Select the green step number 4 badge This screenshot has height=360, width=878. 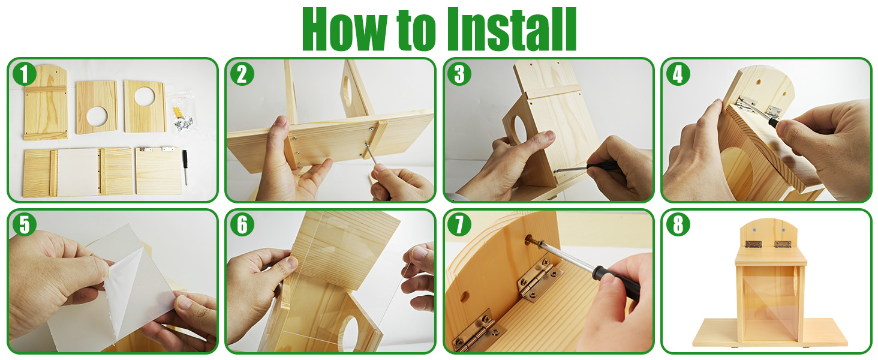(x=678, y=75)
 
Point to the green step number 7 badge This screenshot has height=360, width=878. (x=460, y=224)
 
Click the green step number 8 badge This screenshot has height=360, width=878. (x=678, y=224)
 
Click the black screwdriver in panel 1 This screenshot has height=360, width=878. (x=185, y=167)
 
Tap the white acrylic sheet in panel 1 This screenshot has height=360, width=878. (x=78, y=172)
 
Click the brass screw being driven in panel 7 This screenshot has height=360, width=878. (x=530, y=240)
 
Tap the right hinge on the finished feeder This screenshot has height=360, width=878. (x=781, y=244)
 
